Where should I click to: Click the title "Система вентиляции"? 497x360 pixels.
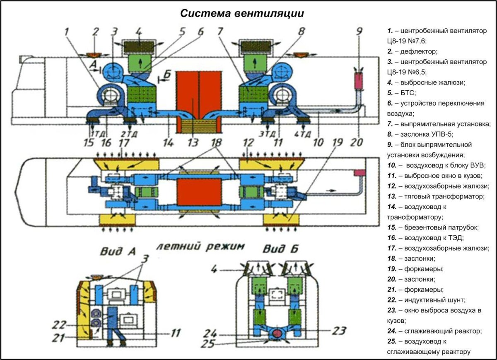click(x=242, y=13)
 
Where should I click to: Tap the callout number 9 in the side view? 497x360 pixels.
click(x=359, y=31)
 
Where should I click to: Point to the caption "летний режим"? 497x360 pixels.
click(x=200, y=247)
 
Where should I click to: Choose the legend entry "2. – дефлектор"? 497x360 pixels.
click(x=412, y=51)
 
